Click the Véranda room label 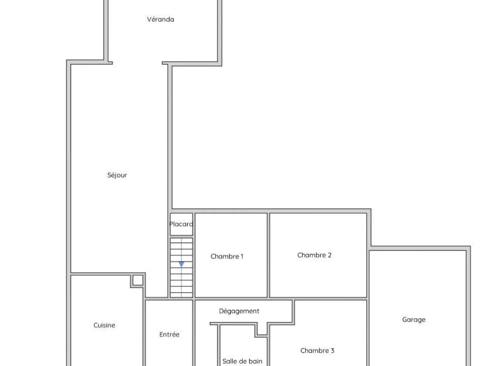point(160,20)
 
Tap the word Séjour point(117,175)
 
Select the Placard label point(181,224)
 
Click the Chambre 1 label point(227,256)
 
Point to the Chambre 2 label point(314,255)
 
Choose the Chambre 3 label point(317,351)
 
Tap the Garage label point(414,320)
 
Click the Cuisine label point(104,325)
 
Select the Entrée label point(169,334)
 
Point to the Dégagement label point(239,311)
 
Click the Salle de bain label point(242,361)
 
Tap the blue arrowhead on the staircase point(181,264)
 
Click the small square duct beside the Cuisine point(138,280)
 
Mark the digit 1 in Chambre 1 point(242,256)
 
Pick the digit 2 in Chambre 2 point(330,255)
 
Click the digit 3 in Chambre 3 point(332,351)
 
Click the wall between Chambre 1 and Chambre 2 point(269,255)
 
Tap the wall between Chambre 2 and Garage point(368,274)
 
